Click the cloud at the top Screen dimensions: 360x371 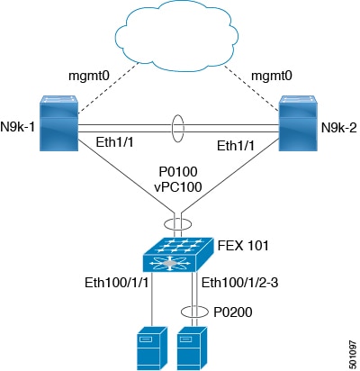[177, 36]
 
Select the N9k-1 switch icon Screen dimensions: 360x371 [59, 123]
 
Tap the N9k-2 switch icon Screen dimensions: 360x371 [298, 123]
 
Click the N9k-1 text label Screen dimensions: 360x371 [17, 127]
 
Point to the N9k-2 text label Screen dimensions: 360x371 [339, 128]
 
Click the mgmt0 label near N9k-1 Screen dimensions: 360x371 [89, 76]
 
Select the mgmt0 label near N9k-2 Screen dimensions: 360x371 [272, 76]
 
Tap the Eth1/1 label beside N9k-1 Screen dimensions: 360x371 [114, 142]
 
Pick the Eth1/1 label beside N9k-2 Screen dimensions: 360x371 [236, 146]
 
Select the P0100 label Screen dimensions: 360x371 [178, 172]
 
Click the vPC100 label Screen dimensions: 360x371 [178, 186]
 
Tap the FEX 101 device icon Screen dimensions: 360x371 [178, 255]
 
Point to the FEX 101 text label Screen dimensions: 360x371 [243, 246]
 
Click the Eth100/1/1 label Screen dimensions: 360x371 [117, 283]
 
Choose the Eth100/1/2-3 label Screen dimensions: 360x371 [239, 283]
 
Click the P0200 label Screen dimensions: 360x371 [233, 312]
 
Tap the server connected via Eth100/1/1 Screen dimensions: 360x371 [152, 348]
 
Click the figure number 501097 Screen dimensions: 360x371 [353, 355]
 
